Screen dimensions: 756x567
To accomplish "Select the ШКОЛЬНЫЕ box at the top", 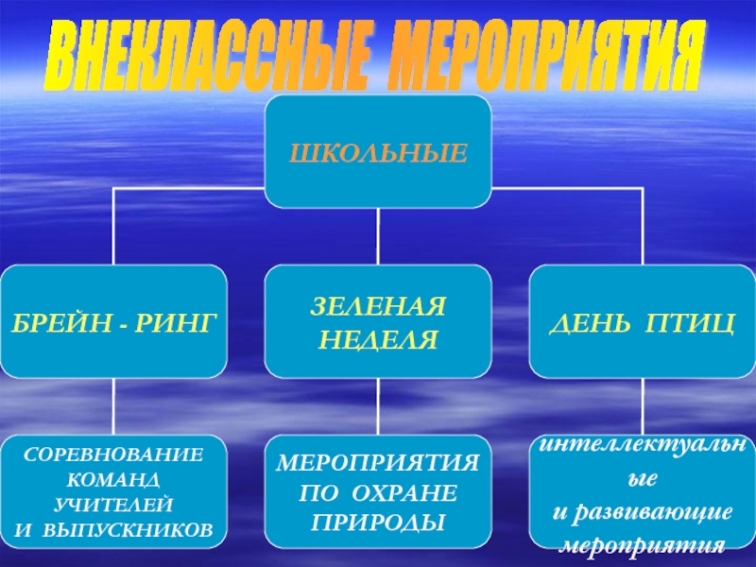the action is coord(378,152).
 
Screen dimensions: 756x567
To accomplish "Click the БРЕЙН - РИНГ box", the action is coord(113,322).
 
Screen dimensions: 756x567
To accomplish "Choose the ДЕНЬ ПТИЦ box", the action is coord(643,322).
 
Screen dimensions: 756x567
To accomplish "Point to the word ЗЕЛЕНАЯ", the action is coord(378,308).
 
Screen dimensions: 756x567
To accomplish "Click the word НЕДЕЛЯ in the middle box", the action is coord(378,338).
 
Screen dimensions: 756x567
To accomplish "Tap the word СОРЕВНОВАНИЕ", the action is coord(113,453).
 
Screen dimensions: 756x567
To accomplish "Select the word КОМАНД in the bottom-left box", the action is coord(113,478).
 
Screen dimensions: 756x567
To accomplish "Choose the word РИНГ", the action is coord(176,322).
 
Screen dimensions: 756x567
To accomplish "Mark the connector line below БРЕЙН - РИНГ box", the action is coord(113,406).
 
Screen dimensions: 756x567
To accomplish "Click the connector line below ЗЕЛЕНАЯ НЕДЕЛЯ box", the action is coord(378,406).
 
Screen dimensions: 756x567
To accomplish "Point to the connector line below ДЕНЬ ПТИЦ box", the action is coord(643,406).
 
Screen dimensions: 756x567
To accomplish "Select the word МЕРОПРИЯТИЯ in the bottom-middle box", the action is coord(378,463).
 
